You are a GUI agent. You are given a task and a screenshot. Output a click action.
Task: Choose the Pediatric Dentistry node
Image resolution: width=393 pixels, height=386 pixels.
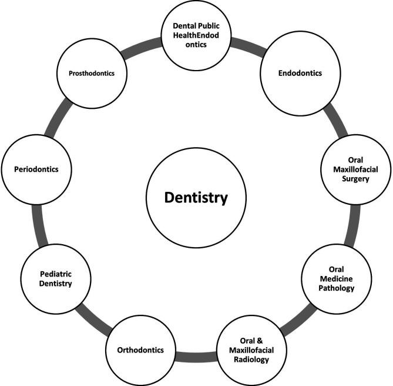[x=56, y=278]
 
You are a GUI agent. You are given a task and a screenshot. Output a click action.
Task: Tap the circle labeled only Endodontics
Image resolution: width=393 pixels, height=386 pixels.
[x=300, y=75]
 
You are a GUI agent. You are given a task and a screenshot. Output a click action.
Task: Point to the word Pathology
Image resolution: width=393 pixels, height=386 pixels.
[x=337, y=288]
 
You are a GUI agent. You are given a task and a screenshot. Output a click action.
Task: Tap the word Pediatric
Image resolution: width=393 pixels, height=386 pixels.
[x=56, y=274]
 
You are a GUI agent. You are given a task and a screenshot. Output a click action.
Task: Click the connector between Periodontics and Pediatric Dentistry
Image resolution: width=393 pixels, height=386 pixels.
[x=36, y=224]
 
